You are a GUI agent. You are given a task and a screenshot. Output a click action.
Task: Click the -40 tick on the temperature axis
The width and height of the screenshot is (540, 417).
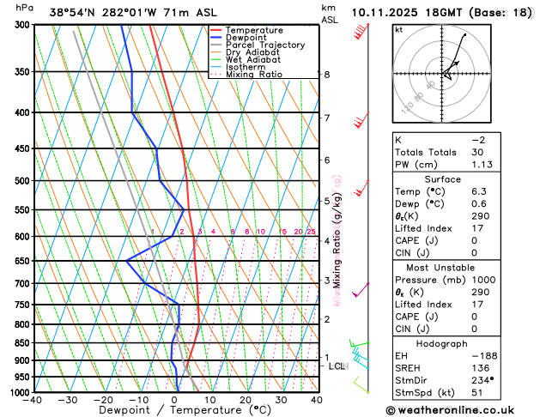click(x=33, y=399)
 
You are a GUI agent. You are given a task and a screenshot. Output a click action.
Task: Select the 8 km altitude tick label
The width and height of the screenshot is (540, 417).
click(x=326, y=75)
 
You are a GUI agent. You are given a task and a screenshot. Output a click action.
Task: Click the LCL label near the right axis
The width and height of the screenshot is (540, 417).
click(x=337, y=366)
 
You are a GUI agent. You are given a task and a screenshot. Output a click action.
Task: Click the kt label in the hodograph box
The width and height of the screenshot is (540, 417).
click(x=398, y=29)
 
